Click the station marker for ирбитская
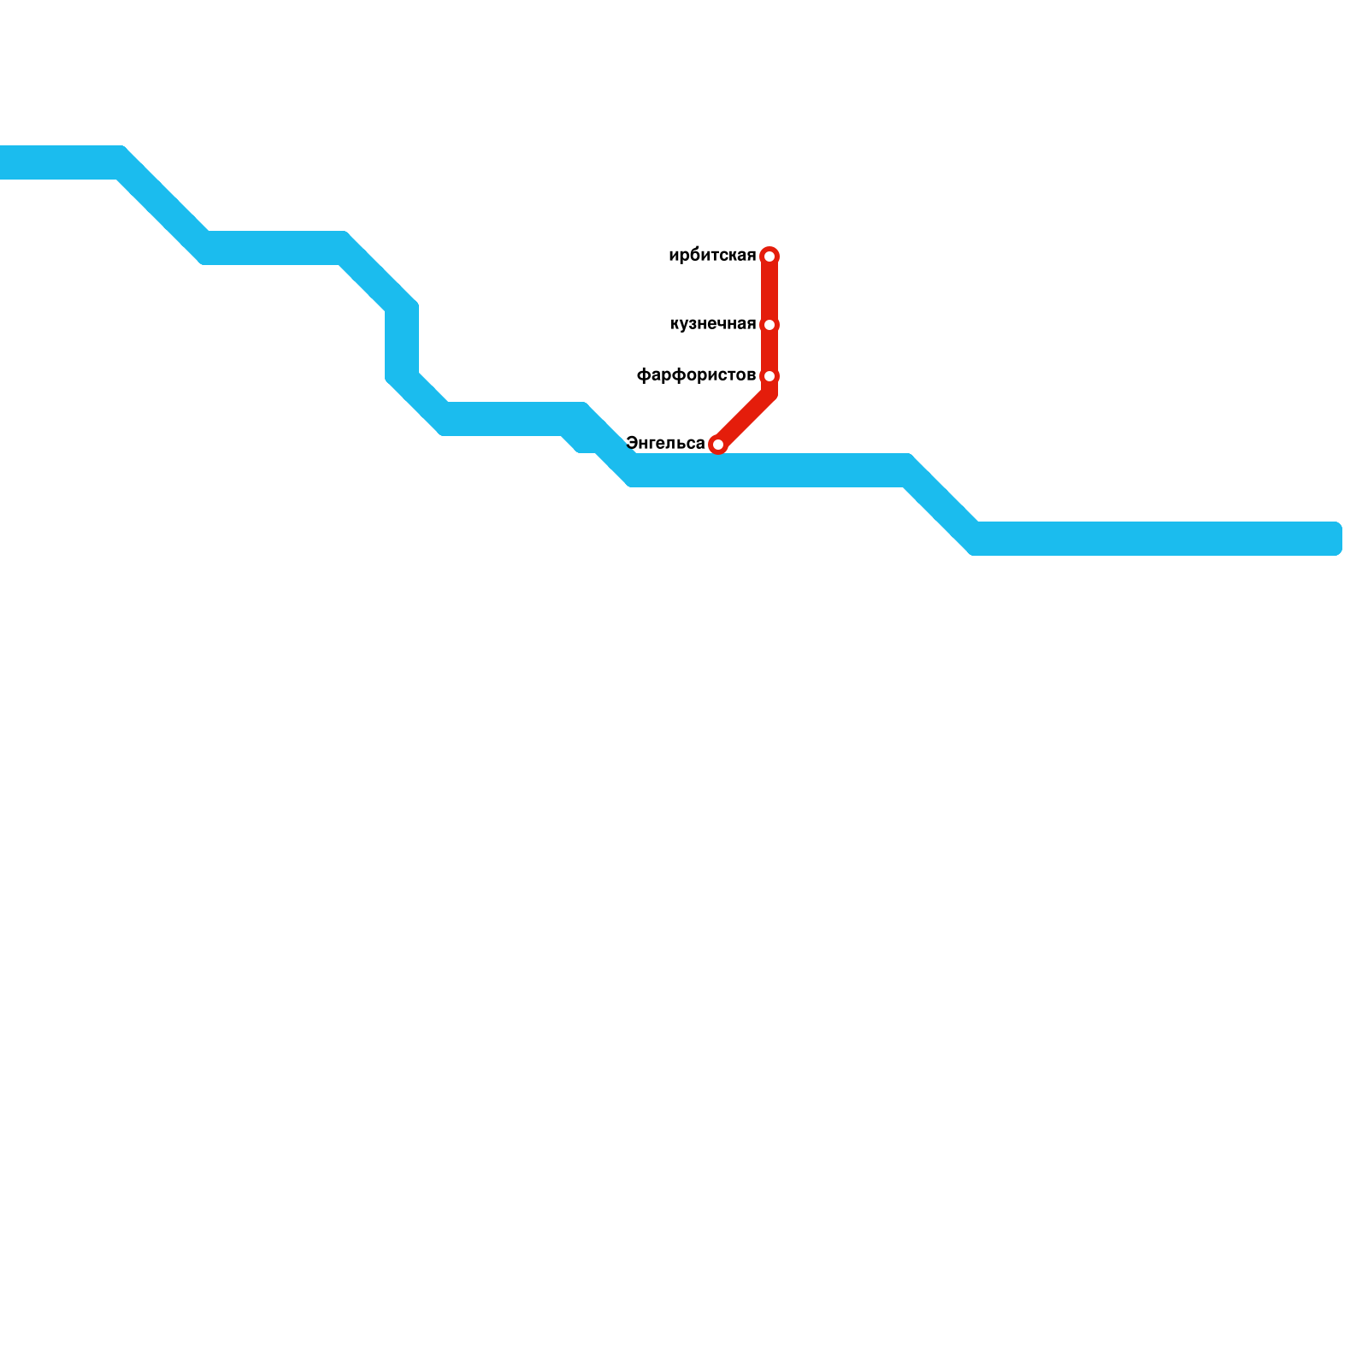(x=769, y=256)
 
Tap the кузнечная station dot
(x=769, y=325)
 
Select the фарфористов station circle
(x=769, y=376)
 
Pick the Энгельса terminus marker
(x=718, y=445)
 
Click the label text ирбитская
(x=712, y=256)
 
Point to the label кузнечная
(x=713, y=324)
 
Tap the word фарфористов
(x=696, y=375)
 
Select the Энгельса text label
(x=665, y=443)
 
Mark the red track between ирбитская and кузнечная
(x=769, y=291)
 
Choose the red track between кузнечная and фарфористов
(x=769, y=351)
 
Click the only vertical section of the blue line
(x=402, y=342)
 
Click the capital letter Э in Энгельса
(x=632, y=443)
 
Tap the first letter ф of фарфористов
(x=643, y=376)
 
